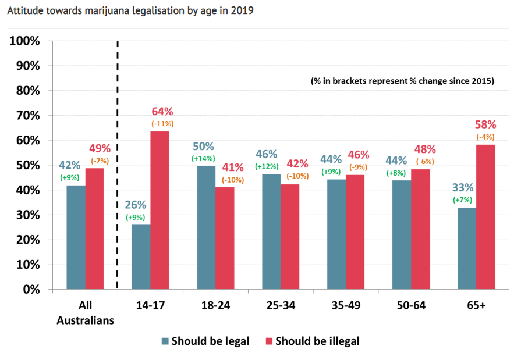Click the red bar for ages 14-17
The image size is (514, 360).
[159, 210]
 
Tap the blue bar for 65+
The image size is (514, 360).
[467, 248]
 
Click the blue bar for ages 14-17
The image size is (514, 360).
[141, 256]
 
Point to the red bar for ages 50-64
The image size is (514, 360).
[420, 229]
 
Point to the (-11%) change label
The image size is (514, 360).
[162, 123]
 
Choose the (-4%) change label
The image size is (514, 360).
[485, 137]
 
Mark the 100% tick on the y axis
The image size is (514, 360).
[24, 41]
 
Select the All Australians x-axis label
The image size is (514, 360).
[85, 312]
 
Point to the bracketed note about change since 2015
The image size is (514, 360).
[402, 81]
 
